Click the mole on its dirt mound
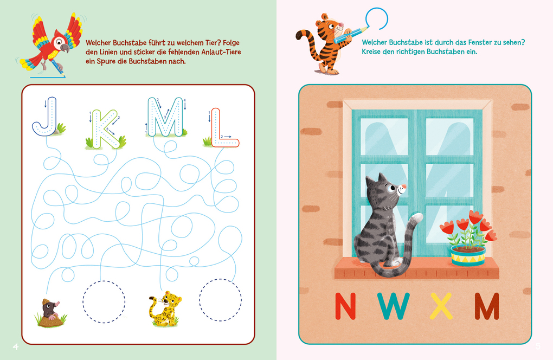[x=49, y=312]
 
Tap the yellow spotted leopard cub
[x=166, y=310]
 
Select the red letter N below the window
[x=345, y=306]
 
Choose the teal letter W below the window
[x=395, y=306]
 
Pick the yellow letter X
[x=441, y=306]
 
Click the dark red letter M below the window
[x=486, y=306]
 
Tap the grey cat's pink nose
[x=402, y=189]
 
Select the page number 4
[x=15, y=346]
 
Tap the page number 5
[x=538, y=346]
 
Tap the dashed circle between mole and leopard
[x=104, y=301]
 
